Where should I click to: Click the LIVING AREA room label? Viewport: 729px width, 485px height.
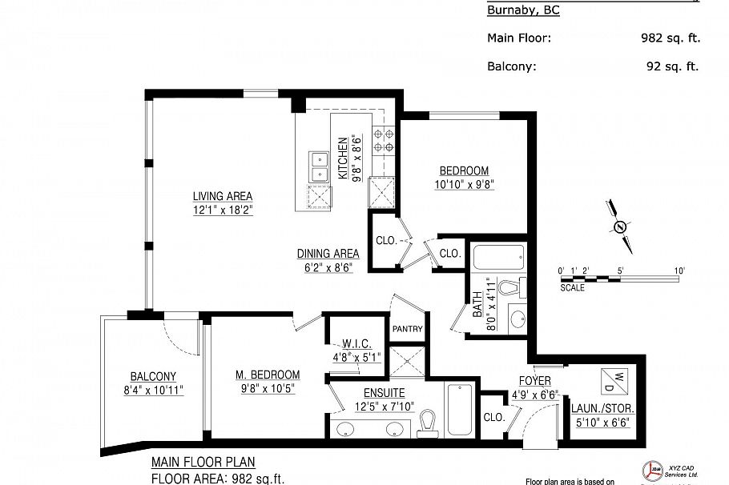[222, 196]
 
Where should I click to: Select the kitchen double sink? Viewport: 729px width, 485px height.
[318, 166]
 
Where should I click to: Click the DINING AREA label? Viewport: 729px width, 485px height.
[328, 254]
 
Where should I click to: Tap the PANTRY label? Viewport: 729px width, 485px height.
[407, 329]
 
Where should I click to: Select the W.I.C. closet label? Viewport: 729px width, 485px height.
[353, 345]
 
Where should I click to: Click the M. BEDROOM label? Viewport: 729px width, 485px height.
[267, 375]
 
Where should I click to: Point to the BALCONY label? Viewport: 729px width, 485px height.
[153, 377]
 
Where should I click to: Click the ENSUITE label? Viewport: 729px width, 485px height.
[384, 393]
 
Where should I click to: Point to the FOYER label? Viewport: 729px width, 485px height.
[534, 380]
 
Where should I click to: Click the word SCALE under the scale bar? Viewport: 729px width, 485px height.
[572, 287]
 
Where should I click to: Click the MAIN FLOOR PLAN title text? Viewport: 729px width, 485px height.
[203, 463]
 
